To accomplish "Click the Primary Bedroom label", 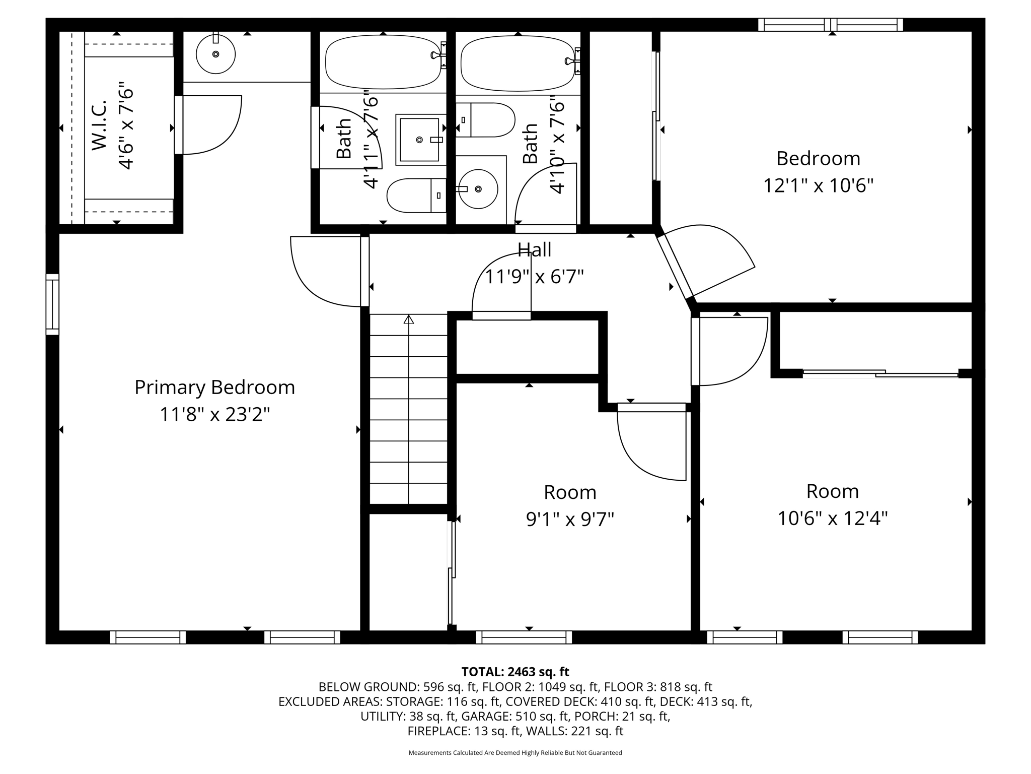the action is click(x=214, y=388).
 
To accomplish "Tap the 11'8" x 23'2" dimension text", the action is click(x=215, y=415).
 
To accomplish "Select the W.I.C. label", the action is click(x=99, y=125).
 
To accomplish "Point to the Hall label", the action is click(x=535, y=249).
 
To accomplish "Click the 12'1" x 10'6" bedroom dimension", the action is click(x=818, y=185).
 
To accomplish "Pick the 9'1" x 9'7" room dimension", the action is click(x=570, y=519).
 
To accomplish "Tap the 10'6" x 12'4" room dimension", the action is click(x=833, y=518).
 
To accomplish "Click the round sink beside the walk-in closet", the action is click(x=215, y=54).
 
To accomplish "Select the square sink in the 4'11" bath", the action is click(x=420, y=140).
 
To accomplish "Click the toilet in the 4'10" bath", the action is click(x=485, y=120).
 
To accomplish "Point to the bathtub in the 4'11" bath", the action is click(x=383, y=61).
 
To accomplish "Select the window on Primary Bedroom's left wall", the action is click(x=52, y=304).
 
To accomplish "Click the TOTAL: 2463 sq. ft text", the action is click(x=515, y=672).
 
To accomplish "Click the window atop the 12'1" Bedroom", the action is click(x=831, y=25).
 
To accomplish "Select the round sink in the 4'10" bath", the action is click(x=477, y=189).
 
